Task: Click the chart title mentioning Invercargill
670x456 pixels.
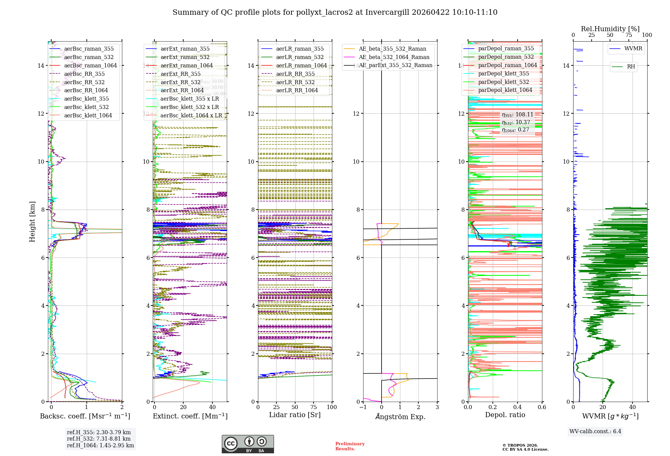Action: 335,12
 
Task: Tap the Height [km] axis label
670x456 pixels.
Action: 32,221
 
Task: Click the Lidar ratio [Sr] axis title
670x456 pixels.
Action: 295,415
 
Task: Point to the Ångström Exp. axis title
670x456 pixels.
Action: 400,416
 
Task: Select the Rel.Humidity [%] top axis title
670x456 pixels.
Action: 610,29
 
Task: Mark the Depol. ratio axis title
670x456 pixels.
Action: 505,415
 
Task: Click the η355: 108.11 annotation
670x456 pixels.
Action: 517,115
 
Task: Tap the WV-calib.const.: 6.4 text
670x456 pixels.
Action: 595,431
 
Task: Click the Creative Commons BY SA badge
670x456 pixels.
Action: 248,444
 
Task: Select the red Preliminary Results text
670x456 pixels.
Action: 350,446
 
